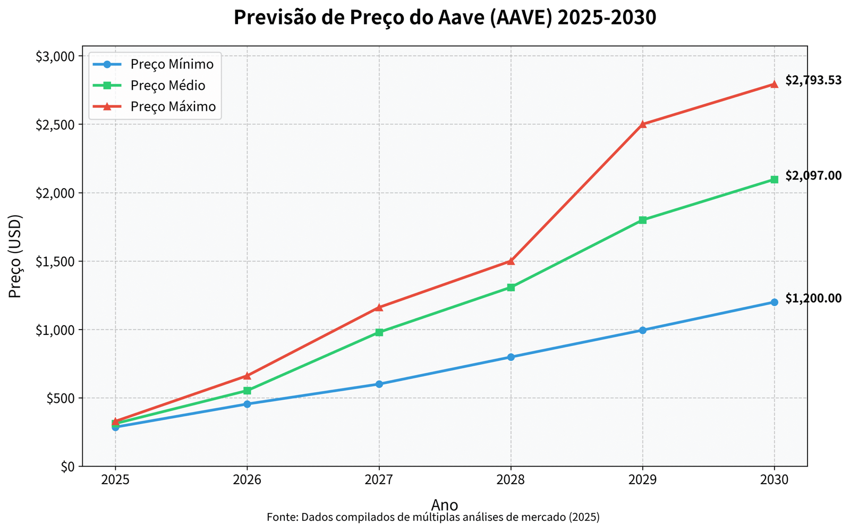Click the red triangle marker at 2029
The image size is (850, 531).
pos(642,124)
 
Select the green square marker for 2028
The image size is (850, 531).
pos(511,288)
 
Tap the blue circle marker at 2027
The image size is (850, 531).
pos(379,384)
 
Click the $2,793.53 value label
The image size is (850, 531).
pos(813,80)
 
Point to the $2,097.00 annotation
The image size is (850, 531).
pos(813,175)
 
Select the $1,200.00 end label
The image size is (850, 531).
pos(813,299)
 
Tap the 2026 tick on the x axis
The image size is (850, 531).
pos(247,480)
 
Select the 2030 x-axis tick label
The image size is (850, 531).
pos(774,480)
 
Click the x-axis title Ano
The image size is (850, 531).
pos(444,504)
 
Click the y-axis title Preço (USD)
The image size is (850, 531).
pos(16,256)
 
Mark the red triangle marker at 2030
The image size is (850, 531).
pos(774,84)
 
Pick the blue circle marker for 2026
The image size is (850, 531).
pos(247,404)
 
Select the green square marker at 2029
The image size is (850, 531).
pos(642,220)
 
